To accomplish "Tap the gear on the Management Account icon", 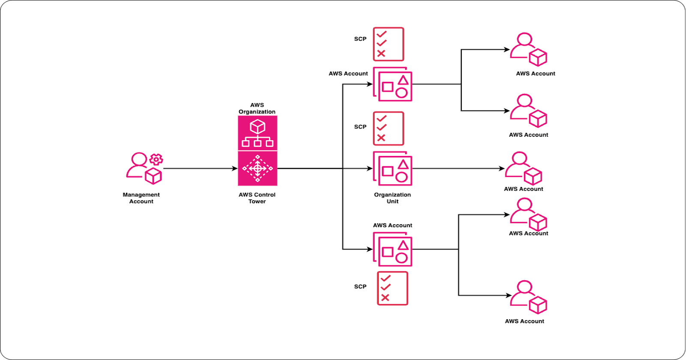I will [156, 159].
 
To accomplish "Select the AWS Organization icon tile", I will [257, 133].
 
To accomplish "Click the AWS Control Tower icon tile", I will [257, 168].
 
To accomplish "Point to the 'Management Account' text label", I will [141, 198].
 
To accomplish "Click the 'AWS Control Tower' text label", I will [257, 198].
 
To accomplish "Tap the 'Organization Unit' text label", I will [392, 198].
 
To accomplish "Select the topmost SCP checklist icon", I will [388, 44].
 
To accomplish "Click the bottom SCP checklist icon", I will [392, 288].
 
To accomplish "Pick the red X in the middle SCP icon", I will [381, 138].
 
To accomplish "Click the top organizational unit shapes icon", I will [392, 84].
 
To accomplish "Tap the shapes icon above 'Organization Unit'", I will [392, 168].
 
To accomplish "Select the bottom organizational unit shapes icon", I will [392, 249].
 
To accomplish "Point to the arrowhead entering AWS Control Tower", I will [235, 168].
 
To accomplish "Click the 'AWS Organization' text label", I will [257, 108].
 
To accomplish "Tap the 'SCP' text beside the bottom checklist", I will [360, 287].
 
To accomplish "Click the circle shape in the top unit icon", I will [402, 93].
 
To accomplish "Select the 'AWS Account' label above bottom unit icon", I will [392, 225].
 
